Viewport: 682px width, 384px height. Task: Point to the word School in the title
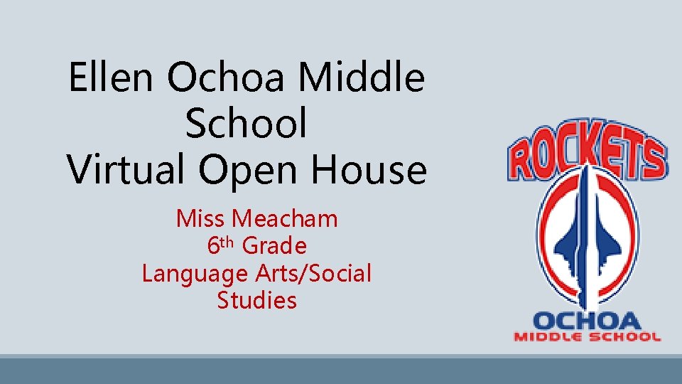(246, 124)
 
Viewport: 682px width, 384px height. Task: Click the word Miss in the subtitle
(200, 218)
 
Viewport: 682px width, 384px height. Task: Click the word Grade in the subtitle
(274, 246)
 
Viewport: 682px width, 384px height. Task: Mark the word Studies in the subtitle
(256, 300)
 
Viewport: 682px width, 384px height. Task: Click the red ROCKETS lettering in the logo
(587, 153)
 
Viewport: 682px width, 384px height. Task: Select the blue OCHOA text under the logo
(587, 321)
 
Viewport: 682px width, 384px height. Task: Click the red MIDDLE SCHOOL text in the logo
(587, 336)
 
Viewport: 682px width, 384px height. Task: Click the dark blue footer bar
(341, 370)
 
